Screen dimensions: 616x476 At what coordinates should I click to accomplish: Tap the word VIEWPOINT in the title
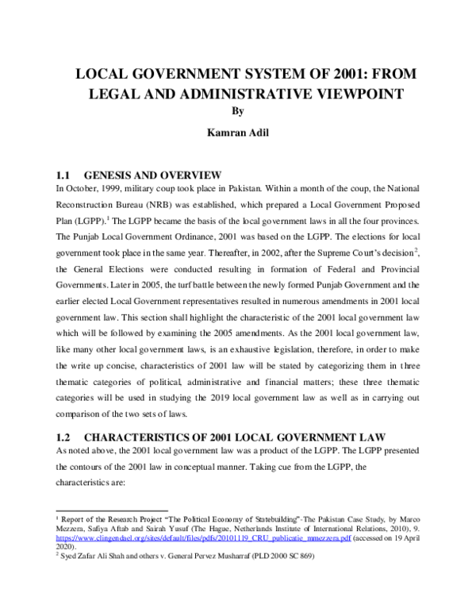(350, 94)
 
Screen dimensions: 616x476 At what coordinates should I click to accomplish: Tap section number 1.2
(64, 436)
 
